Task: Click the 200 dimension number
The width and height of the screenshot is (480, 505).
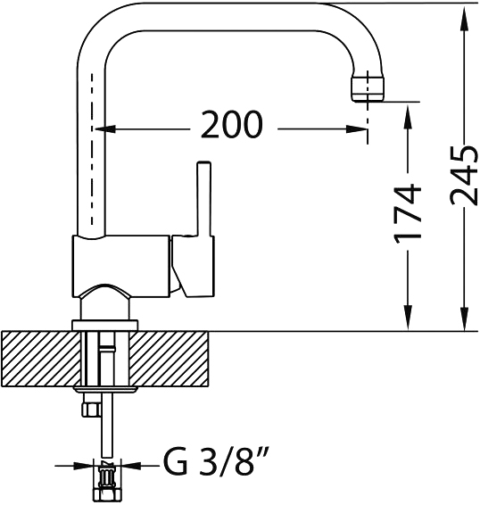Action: tap(231, 124)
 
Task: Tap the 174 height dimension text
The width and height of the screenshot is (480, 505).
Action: tap(408, 213)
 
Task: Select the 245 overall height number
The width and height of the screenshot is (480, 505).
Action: tap(464, 176)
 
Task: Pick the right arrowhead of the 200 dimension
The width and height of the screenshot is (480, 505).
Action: tap(357, 129)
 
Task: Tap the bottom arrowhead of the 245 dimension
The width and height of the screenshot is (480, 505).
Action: tap(464, 319)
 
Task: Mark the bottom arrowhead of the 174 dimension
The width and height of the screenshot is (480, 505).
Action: tap(408, 319)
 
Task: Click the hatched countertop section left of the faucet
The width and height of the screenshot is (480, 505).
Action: tap(40, 359)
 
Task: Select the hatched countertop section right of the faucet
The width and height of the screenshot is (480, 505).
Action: tap(170, 359)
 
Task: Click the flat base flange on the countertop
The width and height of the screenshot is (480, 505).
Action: tap(105, 326)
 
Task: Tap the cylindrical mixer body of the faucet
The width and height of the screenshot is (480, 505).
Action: tap(121, 265)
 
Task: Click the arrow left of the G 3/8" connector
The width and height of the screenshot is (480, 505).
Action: tap(74, 466)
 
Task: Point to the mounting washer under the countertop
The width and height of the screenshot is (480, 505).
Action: tap(105, 389)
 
